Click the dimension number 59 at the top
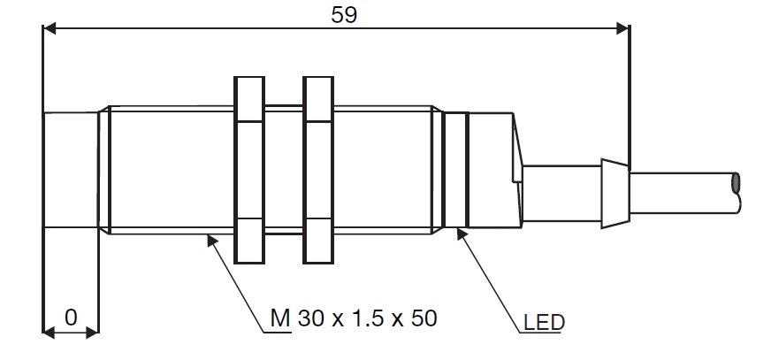click(x=344, y=15)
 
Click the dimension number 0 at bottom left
click(x=71, y=318)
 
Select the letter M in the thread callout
click(x=280, y=318)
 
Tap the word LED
click(x=544, y=323)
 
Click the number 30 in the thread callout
click(x=310, y=318)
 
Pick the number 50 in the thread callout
click(x=424, y=318)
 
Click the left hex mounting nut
click(x=249, y=170)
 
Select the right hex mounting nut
click(x=318, y=170)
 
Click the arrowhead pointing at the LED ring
click(x=462, y=234)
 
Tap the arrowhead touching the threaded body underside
click(x=212, y=240)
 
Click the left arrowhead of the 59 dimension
click(x=50, y=28)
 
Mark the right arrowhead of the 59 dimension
click(x=623, y=28)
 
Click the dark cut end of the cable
click(x=736, y=182)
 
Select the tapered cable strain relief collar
click(x=615, y=194)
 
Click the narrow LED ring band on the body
click(x=456, y=170)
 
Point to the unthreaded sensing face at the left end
click(x=71, y=170)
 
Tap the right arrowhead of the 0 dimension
click(x=93, y=333)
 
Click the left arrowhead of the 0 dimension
click(x=50, y=333)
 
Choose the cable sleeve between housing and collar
click(x=562, y=194)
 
